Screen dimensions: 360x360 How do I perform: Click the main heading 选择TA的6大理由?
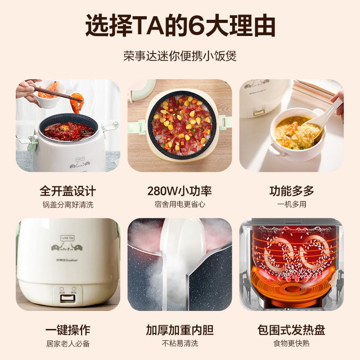point(180,26)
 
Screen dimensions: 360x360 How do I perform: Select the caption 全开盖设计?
point(68,191)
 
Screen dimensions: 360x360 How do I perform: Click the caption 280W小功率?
point(180,191)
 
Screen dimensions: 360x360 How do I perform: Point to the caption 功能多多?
point(292,191)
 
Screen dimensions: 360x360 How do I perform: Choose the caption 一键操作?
point(68,330)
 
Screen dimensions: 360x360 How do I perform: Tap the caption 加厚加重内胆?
point(180,330)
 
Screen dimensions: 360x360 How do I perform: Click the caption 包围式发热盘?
point(292,330)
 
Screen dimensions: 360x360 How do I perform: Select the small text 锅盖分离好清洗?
point(68,205)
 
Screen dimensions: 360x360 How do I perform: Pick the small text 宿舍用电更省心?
point(180,205)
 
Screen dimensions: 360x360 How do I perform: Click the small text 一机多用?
point(292,205)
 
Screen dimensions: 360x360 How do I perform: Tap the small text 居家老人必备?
point(68,344)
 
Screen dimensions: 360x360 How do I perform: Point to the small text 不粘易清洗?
point(180,344)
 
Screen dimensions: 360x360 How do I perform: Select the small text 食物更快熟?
point(292,344)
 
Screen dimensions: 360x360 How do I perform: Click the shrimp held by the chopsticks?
point(77,102)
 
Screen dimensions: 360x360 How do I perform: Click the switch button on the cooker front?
point(68,296)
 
